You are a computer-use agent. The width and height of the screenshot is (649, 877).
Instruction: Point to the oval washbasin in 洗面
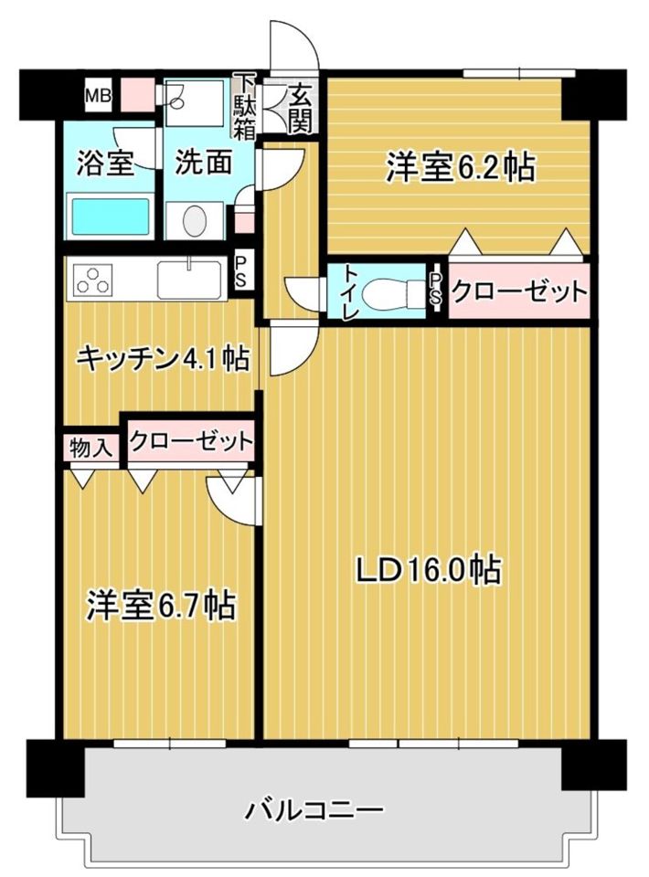tap(195, 220)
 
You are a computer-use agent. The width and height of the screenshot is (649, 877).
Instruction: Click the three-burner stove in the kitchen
tap(92, 279)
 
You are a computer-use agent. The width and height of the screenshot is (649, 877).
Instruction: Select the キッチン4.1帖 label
tap(163, 359)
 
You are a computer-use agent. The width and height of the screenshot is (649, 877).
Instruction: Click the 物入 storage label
tap(90, 448)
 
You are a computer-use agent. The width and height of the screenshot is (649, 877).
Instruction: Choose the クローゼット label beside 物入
tap(190, 441)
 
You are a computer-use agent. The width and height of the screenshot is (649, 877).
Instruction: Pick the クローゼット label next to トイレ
tap(518, 293)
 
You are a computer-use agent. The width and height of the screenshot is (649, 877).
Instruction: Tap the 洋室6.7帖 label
tap(161, 604)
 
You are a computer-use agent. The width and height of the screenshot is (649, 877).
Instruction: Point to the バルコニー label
tap(314, 809)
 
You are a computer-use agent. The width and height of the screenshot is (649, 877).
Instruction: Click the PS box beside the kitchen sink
tap(240, 271)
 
